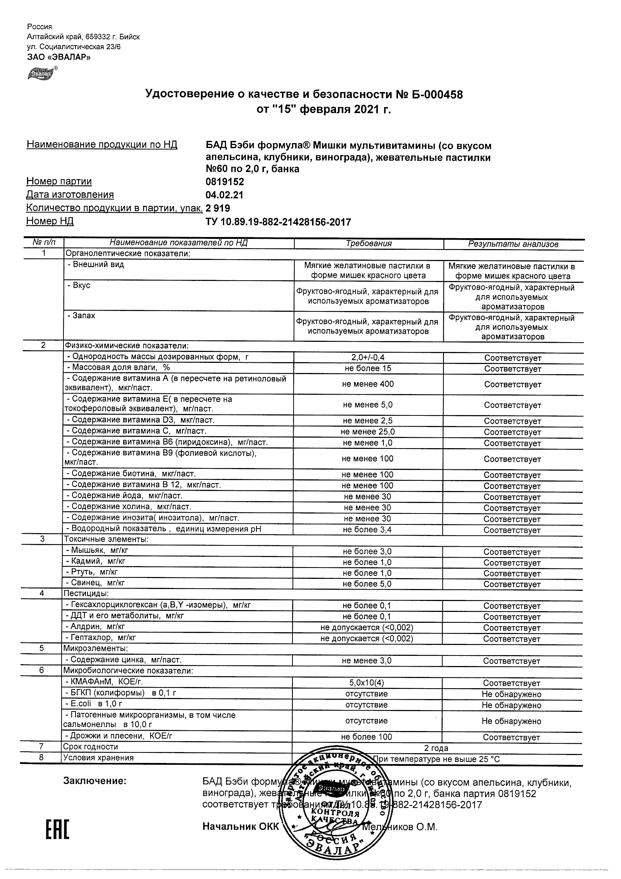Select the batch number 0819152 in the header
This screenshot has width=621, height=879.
point(225,181)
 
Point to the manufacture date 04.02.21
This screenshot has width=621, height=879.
point(224,195)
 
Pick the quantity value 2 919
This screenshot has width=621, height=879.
point(218,208)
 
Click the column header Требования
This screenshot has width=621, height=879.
point(368,243)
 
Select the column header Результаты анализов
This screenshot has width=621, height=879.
point(513,244)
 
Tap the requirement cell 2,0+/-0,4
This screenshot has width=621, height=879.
point(368,358)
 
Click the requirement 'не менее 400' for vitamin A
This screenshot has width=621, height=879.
point(368,384)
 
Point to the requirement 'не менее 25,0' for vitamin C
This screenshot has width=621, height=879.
point(368,432)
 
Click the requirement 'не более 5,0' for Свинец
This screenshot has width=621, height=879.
point(367,584)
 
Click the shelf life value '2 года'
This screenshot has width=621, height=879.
point(436,748)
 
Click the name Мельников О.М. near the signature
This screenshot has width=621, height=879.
point(400,827)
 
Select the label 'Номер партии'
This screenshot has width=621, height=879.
point(59,181)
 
